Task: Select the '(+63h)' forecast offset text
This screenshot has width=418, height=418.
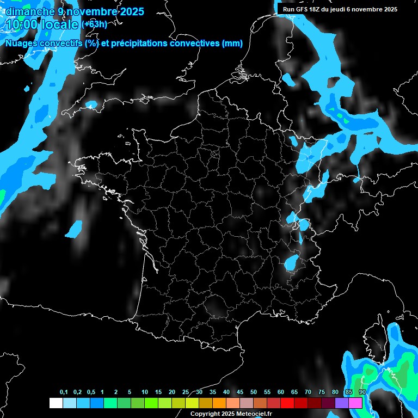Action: pos(94,24)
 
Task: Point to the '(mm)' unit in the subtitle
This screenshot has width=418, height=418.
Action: pos(232,44)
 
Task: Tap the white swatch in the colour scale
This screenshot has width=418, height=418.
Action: pos(56,403)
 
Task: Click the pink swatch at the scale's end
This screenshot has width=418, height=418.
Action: pos(355,403)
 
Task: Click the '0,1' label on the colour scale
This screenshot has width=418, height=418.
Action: pos(64,392)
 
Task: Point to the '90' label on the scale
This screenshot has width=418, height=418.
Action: pos(362,392)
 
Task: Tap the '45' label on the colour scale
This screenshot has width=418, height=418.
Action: pos(240,392)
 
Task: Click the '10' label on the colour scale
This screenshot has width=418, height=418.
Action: pos(144,392)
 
